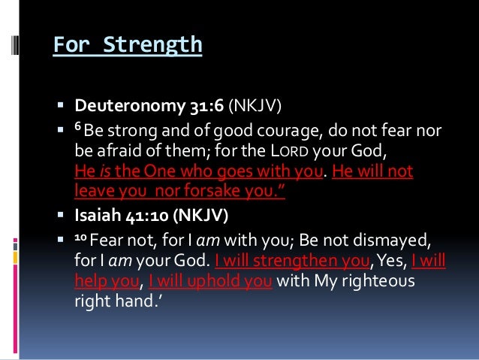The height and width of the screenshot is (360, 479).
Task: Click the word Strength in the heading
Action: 155,45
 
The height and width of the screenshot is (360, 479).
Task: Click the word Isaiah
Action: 94,219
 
